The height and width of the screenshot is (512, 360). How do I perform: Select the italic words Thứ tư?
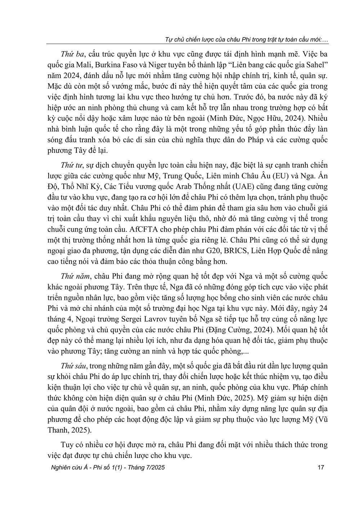click(x=71, y=165)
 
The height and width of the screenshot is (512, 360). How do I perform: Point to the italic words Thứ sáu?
click(x=72, y=366)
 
